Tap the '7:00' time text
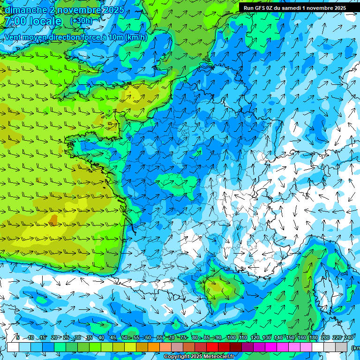[x=16, y=22]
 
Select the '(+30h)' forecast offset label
[x=81, y=21]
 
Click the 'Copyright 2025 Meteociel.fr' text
[x=199, y=357]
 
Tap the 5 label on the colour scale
[x=17, y=338]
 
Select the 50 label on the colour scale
[x=124, y=338]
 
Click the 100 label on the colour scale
[x=231, y=338]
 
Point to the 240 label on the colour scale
[x=348, y=338]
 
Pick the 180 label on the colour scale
[x=313, y=338]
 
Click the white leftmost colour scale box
[x=13, y=347]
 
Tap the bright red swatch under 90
[x=212, y=347]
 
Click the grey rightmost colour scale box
[x=341, y=347]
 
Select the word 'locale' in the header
[x=45, y=22]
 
